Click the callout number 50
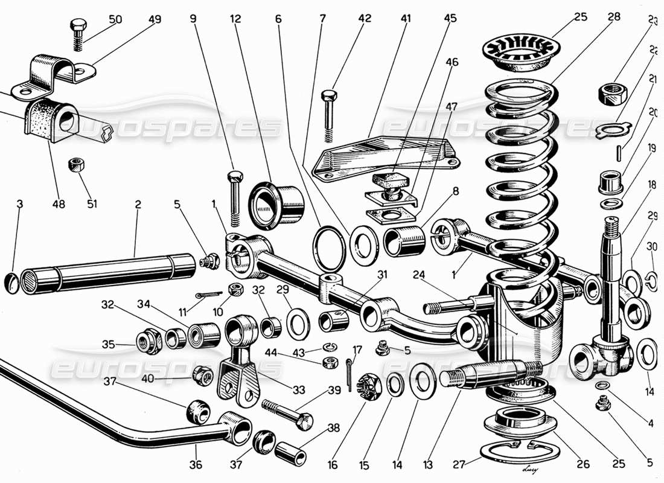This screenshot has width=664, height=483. [x=115, y=19]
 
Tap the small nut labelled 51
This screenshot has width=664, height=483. [x=76, y=164]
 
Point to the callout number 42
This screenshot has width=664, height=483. [x=364, y=19]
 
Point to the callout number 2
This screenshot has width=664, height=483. [x=138, y=205]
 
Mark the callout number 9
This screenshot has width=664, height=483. [x=193, y=19]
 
